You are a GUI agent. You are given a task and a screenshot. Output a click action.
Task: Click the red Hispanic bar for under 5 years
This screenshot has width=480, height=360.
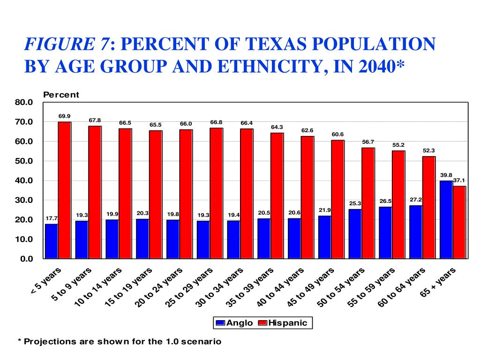pos(65,190)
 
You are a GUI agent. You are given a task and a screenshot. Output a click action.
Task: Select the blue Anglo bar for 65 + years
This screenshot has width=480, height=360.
pos(446,219)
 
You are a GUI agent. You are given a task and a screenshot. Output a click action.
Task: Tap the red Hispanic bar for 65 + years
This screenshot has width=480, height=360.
pos(459,222)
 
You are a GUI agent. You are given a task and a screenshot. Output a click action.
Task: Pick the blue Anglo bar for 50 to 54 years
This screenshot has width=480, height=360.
pos(355,233)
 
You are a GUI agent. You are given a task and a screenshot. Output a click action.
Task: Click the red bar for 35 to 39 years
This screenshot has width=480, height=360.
pos(277,195)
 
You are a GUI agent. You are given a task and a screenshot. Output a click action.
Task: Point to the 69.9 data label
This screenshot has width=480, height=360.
pos(65,116)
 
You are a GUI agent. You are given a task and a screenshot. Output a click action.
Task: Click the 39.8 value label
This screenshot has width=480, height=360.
pos(446,175)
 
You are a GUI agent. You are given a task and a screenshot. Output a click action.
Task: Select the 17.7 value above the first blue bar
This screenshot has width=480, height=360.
pos(51,218)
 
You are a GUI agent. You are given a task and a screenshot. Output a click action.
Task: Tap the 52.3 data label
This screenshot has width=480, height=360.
pos(429,150)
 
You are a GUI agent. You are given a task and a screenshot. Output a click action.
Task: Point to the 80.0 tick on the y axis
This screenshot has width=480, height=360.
pos(24,102)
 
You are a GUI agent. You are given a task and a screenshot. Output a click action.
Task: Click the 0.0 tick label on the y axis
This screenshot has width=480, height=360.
pos(26,259)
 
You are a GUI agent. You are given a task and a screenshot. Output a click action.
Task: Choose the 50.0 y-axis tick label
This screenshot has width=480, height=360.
pos(24,161)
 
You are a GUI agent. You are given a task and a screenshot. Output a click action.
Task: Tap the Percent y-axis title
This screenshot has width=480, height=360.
pos(61,95)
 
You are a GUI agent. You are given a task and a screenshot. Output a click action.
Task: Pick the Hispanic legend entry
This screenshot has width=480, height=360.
pos(287,322)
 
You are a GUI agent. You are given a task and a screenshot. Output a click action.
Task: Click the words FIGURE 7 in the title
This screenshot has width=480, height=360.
pos(68,45)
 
